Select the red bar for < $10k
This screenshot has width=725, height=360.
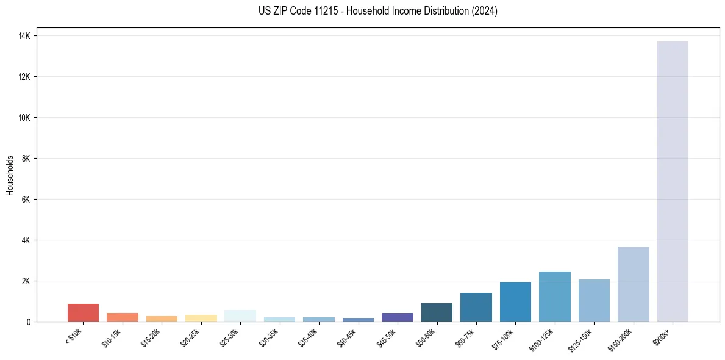83,312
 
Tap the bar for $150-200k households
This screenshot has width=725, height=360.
633,284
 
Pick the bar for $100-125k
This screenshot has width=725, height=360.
554,297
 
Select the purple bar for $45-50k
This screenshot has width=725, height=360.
398,317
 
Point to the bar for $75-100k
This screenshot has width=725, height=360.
515,301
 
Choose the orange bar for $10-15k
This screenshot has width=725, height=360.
123,317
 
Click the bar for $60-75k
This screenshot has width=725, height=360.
476,307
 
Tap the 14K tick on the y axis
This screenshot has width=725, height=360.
25,36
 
